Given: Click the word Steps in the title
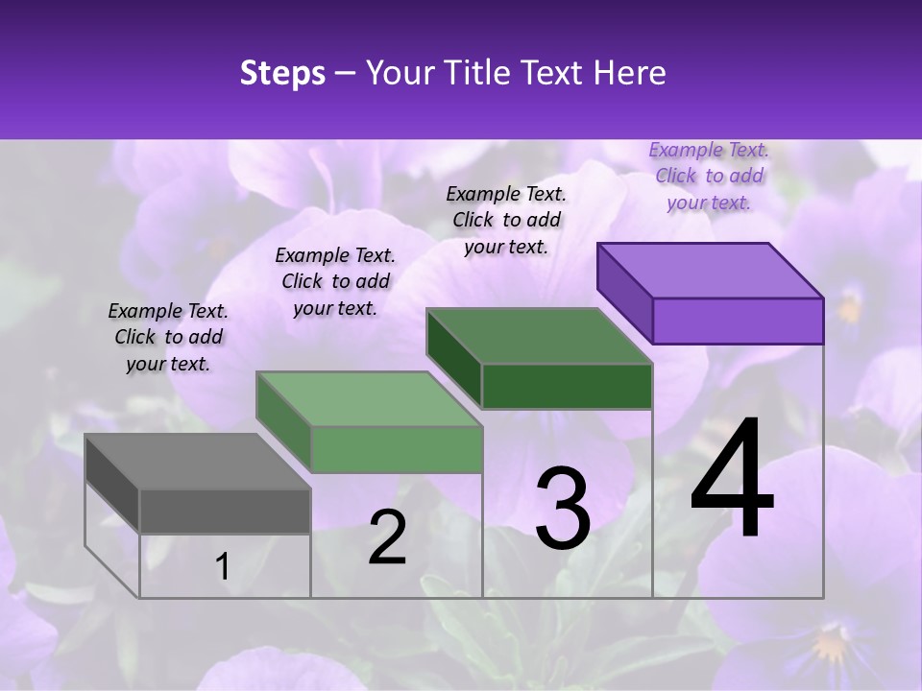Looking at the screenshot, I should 282,73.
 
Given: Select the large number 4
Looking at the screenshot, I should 732,480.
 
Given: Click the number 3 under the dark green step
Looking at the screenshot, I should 563,509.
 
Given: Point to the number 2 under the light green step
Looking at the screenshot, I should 387,537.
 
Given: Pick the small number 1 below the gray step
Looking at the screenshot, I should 223,567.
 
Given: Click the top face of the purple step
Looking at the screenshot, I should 711,270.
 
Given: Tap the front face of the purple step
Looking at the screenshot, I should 738,321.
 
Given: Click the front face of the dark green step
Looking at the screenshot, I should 567,387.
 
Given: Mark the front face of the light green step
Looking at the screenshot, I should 397,450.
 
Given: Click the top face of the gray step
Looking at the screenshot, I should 198,462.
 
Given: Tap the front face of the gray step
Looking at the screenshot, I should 225,512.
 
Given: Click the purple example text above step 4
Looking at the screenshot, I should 709,176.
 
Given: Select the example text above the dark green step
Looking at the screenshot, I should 506,220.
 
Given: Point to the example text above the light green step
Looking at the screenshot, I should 335,281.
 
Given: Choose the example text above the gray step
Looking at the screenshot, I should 168,337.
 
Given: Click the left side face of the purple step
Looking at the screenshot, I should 625,293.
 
